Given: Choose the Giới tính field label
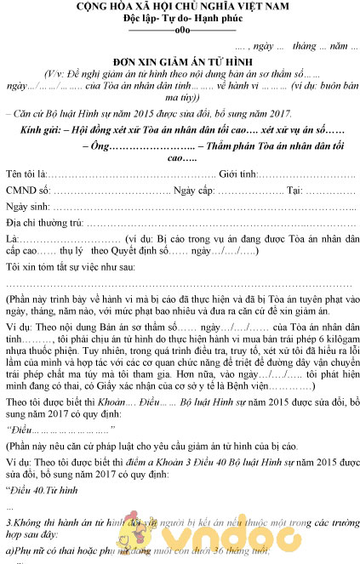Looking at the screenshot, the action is click(x=243, y=174).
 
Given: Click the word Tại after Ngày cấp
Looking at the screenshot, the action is click(x=295, y=191).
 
